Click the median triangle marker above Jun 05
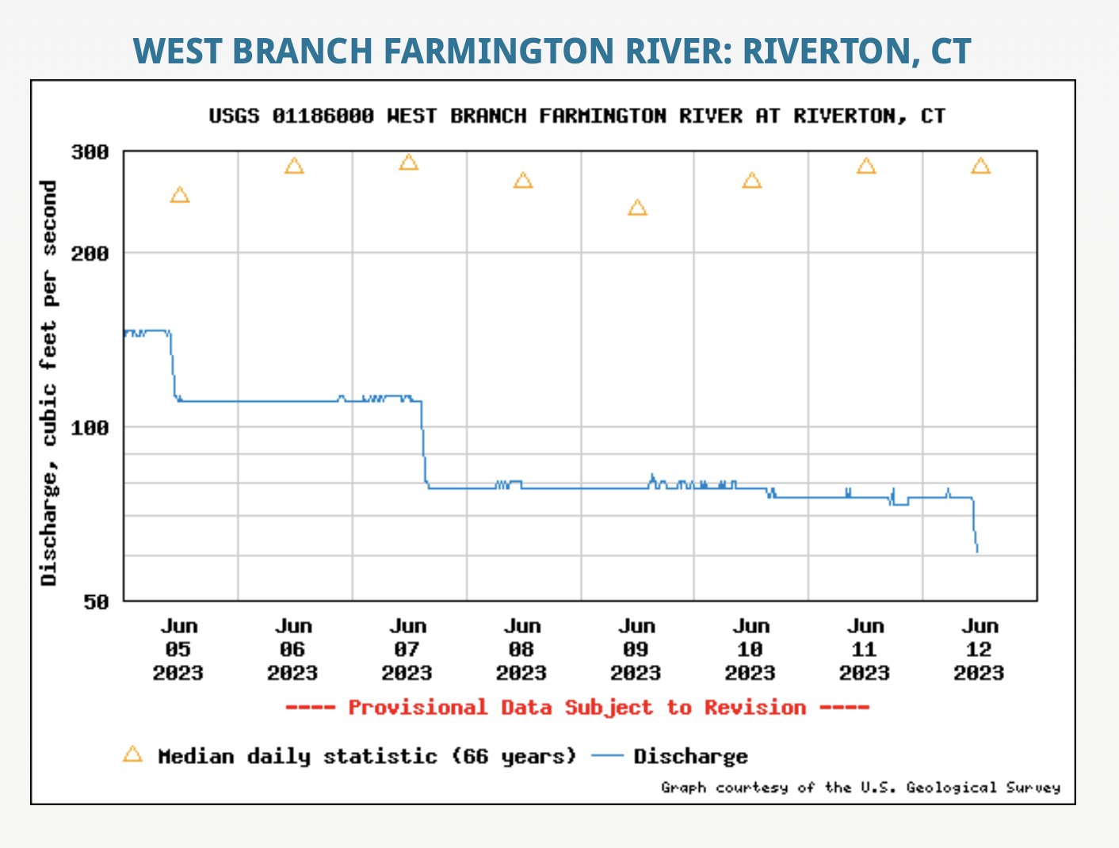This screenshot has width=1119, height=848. pyautogui.click(x=180, y=195)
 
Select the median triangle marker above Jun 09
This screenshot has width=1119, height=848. pyautogui.click(x=637, y=208)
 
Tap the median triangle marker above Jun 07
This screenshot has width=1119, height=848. pyautogui.click(x=408, y=162)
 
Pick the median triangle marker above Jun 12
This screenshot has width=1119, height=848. pyautogui.click(x=980, y=166)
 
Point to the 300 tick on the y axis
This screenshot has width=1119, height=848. pyautogui.click(x=90, y=151)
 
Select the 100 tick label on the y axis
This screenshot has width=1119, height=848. pyautogui.click(x=90, y=427)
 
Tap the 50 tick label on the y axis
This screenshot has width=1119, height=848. pyautogui.click(x=97, y=602)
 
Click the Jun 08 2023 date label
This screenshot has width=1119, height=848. pyautogui.click(x=521, y=650)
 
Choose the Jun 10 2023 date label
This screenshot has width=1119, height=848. pyautogui.click(x=750, y=650)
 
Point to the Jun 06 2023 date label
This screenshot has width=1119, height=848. pyautogui.click(x=292, y=650)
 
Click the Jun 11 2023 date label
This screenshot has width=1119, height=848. pyautogui.click(x=865, y=650)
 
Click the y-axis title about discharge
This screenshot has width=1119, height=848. pyautogui.click(x=49, y=384)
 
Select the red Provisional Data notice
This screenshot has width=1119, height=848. pyautogui.click(x=577, y=708)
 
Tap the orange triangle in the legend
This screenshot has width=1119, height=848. pyautogui.click(x=132, y=754)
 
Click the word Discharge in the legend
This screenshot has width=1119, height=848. pyautogui.click(x=690, y=756)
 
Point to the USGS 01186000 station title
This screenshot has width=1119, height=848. pyautogui.click(x=577, y=117)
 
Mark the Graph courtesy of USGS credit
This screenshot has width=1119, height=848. pyautogui.click(x=861, y=787)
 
